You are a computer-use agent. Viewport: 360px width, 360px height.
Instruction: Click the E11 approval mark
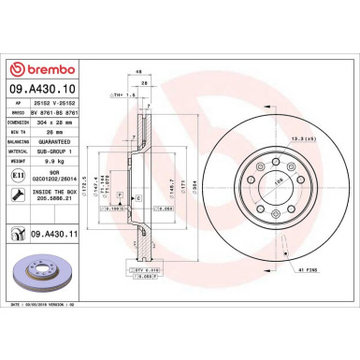click(x=19, y=176)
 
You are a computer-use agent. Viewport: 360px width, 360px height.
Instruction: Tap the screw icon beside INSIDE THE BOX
click(x=19, y=195)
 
